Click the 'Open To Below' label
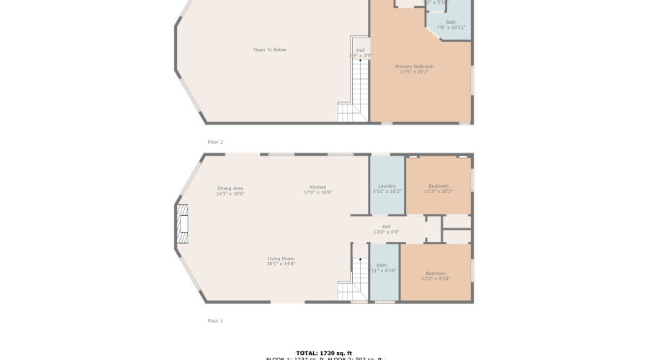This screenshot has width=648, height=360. click(x=269, y=50)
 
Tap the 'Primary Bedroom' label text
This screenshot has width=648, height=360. click(x=414, y=66)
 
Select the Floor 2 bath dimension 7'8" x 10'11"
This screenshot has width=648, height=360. click(x=451, y=27)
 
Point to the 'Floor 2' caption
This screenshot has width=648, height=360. click(x=215, y=142)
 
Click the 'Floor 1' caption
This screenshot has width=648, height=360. click(x=215, y=320)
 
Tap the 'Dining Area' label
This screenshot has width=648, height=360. click(x=230, y=188)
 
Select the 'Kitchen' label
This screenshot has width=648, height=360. click(x=318, y=187)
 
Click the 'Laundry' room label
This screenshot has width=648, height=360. click(x=387, y=186)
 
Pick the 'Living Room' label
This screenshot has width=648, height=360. click(x=281, y=258)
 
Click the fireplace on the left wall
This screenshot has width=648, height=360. click(x=182, y=227)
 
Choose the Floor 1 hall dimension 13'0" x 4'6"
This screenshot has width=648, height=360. click(x=386, y=232)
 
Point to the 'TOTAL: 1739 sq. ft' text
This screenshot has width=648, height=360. click(x=324, y=354)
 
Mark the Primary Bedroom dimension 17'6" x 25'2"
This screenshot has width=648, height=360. click(x=414, y=71)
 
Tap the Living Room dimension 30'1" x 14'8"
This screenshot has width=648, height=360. click(x=281, y=264)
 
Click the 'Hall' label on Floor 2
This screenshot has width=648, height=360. click(x=360, y=50)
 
